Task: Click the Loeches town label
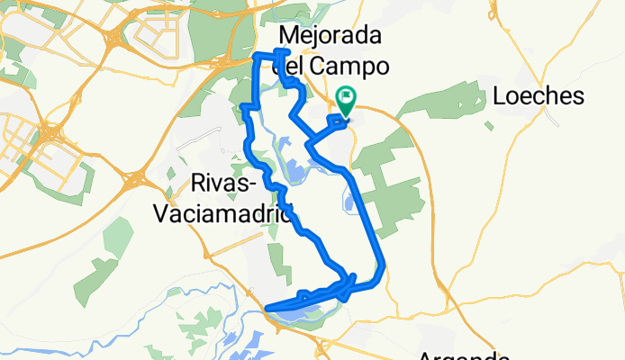click(539, 97)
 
